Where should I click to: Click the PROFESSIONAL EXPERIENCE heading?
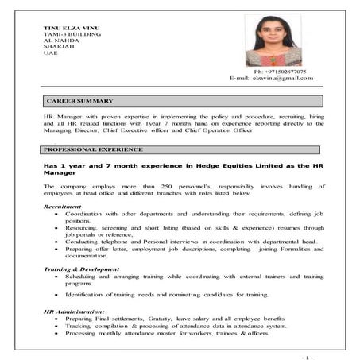(94, 149)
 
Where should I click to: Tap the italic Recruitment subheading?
(62, 207)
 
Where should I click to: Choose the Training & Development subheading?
(80, 269)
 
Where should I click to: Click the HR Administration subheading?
(74, 312)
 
